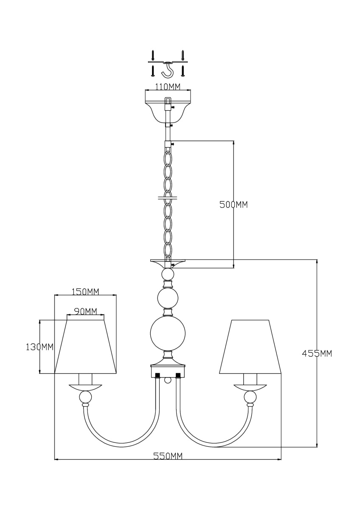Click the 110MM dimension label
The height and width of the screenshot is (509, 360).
[x=168, y=87]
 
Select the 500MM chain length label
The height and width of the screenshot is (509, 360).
[x=233, y=205]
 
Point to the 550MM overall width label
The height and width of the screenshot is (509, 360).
[x=168, y=456]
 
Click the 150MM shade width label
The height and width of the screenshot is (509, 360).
[x=85, y=292]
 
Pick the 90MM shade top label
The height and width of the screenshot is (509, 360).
[x=85, y=311]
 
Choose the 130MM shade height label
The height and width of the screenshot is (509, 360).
[x=39, y=347]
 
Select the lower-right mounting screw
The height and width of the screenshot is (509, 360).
[x=183, y=71]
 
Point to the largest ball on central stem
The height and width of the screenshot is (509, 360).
[x=168, y=333]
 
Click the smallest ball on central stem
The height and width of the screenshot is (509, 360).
[x=168, y=274]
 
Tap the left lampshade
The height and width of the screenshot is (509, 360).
[x=85, y=347]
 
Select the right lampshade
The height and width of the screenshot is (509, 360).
[x=250, y=347]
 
